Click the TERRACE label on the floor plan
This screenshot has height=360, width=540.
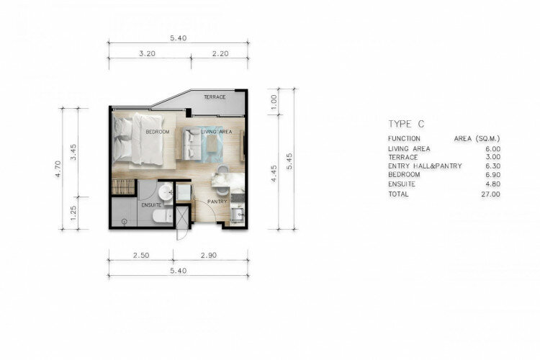coord(215,97)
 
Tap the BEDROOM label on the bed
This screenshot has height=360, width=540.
coord(158,132)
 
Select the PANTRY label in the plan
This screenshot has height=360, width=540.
coord(217,202)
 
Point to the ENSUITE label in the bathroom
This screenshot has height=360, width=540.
coord(151,205)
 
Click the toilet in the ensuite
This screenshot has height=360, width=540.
coord(163,216)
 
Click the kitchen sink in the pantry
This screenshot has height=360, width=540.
coord(237,215)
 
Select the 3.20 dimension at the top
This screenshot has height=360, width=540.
coord(147,54)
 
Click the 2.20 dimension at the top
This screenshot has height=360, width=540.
coord(220,54)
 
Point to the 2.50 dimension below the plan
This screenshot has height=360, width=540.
coord(141,256)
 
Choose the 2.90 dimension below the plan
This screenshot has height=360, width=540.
coord(209,256)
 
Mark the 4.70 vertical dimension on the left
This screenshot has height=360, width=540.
coord(58,168)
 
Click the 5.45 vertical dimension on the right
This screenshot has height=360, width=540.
coord(289,161)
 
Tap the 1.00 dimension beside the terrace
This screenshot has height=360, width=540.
coord(274,102)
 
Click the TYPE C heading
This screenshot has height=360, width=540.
coord(406,124)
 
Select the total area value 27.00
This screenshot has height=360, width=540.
coord(491,194)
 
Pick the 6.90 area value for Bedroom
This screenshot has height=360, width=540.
coord(492,175)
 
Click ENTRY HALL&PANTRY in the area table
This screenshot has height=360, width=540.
coord(425,166)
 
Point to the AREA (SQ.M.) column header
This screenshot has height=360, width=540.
coord(477,139)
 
